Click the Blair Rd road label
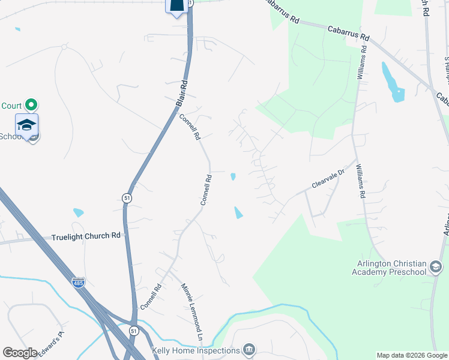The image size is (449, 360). [182, 94]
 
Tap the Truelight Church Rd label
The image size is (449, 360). [86, 236]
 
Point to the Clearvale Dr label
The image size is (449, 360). [329, 178]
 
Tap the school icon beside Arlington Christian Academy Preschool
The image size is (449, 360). [436, 267]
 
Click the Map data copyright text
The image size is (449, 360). [412, 355]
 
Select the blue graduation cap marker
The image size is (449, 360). [27, 125]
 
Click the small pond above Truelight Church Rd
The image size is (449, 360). [78, 212]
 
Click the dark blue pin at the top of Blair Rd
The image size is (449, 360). [176, 6]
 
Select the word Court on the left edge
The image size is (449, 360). [11, 106]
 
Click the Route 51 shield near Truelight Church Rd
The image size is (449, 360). [127, 197]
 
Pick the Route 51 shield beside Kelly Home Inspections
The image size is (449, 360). [133, 331]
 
